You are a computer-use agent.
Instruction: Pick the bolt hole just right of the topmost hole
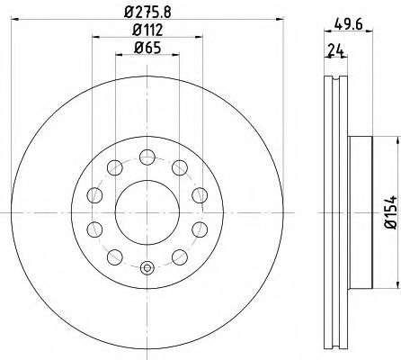click(178, 166)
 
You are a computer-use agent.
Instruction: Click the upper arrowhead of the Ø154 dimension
click(397, 139)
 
